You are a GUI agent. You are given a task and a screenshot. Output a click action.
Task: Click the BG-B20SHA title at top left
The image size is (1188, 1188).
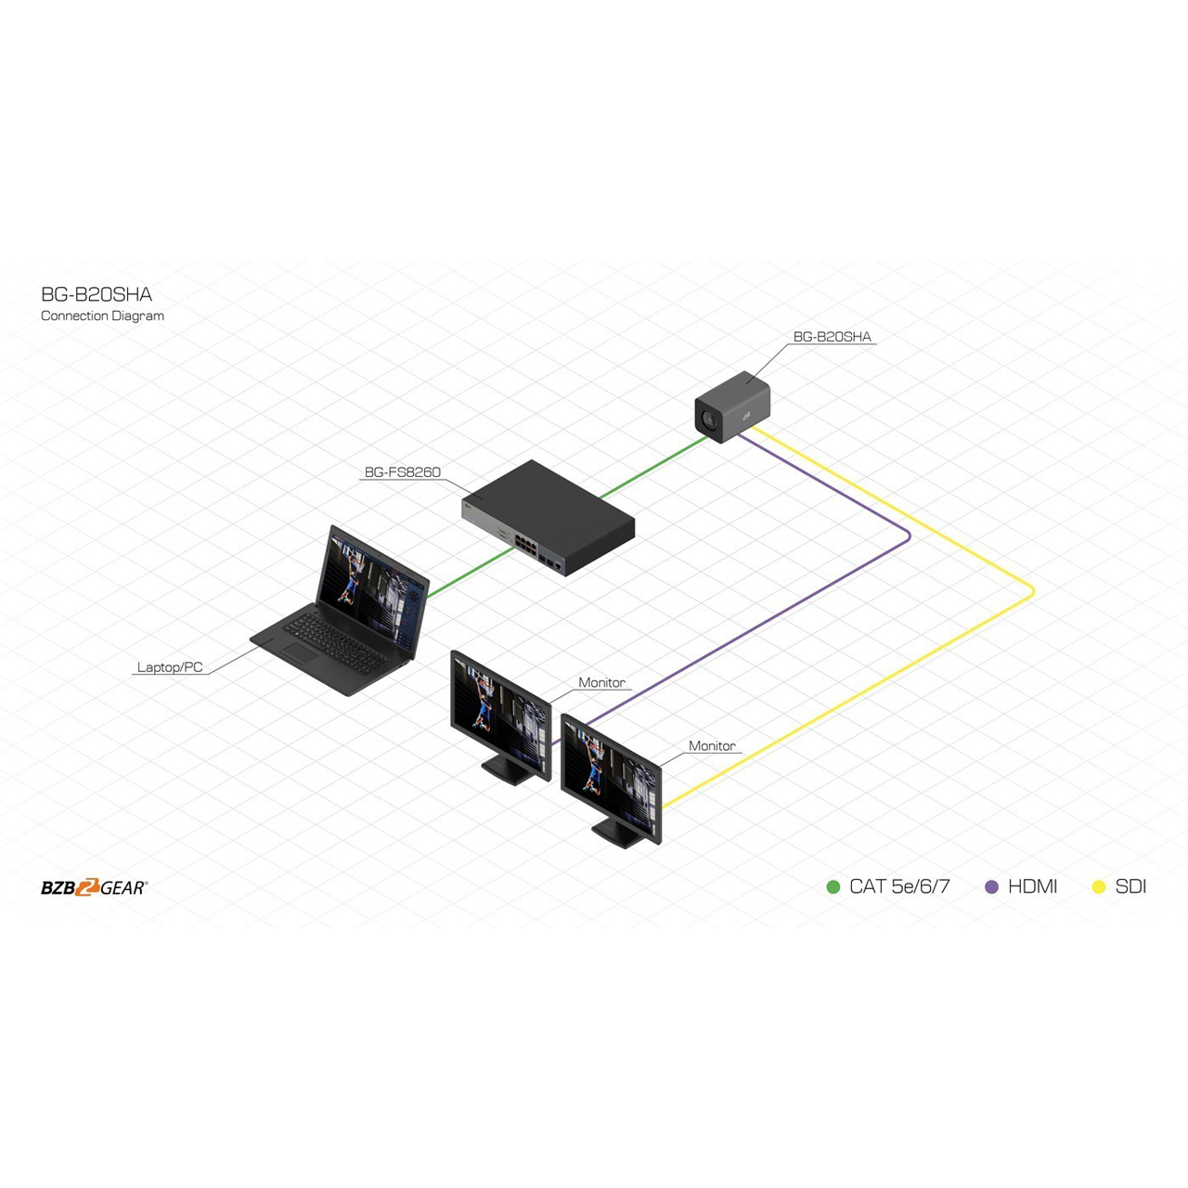coord(97,295)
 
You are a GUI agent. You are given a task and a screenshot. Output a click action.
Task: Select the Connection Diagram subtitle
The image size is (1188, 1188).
coord(102,316)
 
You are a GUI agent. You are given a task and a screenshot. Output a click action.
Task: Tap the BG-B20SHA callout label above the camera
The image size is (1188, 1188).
coord(832,337)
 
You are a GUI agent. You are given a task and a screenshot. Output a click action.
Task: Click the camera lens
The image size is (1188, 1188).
coord(707,421)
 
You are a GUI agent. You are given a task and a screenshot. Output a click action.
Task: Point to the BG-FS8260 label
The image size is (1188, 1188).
coord(403,472)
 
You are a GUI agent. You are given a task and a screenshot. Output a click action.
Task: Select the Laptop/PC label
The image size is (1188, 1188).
coord(170,667)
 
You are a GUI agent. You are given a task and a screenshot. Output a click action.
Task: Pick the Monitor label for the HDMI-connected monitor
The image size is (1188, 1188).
coord(601,682)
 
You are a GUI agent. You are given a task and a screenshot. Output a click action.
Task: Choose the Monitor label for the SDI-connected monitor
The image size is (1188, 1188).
coord(712,746)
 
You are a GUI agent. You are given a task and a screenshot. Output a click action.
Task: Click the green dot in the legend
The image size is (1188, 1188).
coord(833,886)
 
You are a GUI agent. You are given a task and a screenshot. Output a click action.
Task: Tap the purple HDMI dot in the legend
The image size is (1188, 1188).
coord(991,886)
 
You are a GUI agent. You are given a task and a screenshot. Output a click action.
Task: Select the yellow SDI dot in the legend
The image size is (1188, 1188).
coord(1099,886)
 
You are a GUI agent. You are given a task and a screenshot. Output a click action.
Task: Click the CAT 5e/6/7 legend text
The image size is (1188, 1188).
coord(899,886)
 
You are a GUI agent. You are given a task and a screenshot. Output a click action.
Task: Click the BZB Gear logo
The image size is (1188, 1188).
coord(95,887)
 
